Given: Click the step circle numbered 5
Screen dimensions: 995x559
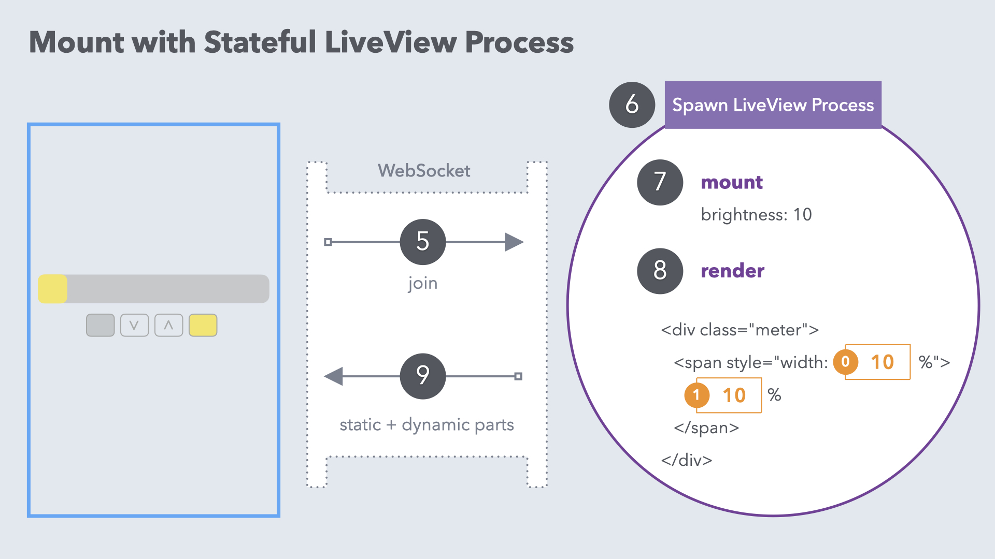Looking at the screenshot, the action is tap(423, 242).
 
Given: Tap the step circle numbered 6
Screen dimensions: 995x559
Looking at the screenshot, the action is tap(632, 105).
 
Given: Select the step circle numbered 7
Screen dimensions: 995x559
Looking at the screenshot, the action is tap(660, 182).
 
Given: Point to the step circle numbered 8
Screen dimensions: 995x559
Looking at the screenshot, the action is tap(660, 271).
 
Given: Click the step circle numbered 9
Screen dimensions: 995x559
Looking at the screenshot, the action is tap(423, 376).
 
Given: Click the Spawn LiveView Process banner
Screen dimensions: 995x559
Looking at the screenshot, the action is tap(773, 105).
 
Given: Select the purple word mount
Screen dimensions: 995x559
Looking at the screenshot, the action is tap(732, 182).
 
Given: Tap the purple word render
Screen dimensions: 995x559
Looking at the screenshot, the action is tap(732, 271).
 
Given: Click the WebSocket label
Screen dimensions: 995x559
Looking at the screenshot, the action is tap(424, 170).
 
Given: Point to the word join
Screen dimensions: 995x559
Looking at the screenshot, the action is tap(423, 283).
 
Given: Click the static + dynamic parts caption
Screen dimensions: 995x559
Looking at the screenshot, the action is tap(427, 424).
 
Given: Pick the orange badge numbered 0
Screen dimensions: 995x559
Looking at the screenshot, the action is tap(846, 362).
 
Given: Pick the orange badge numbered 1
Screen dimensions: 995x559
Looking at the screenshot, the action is tap(697, 395).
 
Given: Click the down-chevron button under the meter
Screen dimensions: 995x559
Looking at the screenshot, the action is tap(134, 326).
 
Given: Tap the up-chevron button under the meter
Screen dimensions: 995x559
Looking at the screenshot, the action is tap(168, 326).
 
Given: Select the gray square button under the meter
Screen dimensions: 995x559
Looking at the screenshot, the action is tap(101, 326).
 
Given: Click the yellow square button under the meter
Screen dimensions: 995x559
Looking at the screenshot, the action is tap(203, 326).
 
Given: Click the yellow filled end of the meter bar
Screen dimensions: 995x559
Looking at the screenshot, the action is tap(52, 289).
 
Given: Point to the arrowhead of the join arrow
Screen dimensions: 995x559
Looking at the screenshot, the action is tap(514, 242).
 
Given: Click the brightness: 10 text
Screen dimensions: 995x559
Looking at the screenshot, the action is tap(756, 215).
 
